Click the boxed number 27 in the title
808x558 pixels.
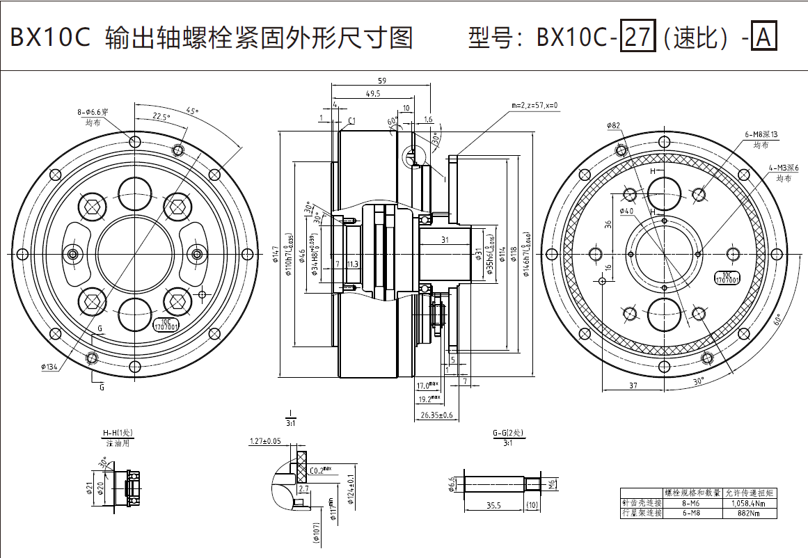point(637,37)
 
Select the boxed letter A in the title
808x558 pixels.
point(763,37)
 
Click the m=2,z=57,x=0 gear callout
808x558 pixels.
point(535,105)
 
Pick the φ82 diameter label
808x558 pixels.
point(613,125)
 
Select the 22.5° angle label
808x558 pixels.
point(161,117)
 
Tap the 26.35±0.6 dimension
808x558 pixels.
point(437,415)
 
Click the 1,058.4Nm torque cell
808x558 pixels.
point(750,503)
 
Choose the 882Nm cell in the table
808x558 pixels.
point(750,513)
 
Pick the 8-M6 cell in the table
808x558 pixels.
point(692,503)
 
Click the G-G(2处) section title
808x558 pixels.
point(507,433)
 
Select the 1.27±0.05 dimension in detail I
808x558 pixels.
point(265,441)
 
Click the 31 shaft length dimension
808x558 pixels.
point(445,240)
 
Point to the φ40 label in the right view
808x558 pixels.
point(626,210)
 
